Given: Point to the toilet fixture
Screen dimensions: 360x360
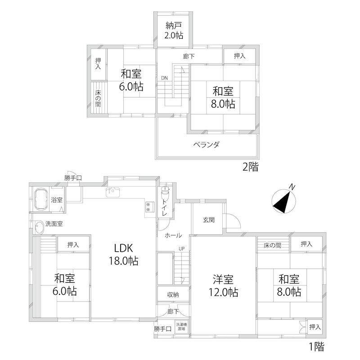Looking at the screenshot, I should click(165, 194).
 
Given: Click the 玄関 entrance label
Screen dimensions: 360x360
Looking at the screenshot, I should click(208, 220).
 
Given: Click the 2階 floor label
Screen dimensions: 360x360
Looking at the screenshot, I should click(250, 168).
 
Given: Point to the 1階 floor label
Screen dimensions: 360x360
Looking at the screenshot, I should click(316, 347).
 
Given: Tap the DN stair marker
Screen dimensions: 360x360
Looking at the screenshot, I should click(165, 78).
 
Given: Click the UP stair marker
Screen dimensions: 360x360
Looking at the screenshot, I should click(181, 248).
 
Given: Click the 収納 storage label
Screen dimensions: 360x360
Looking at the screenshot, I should click(173, 295).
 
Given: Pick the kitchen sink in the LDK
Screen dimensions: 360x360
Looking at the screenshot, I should click(112, 192).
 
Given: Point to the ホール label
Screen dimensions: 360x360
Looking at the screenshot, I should click(173, 235).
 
